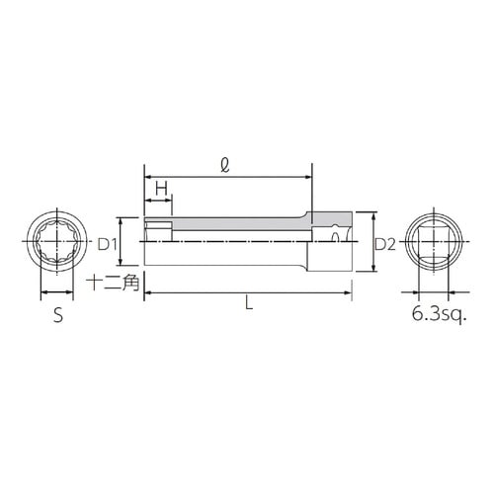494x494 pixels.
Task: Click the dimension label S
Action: pyautogui.click(x=58, y=315)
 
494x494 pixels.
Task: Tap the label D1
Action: pyautogui.click(x=108, y=244)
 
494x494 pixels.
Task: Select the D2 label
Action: pyautogui.click(x=385, y=244)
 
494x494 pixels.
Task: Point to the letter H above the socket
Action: pyautogui.click(x=161, y=189)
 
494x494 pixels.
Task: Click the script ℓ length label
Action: pyautogui.click(x=225, y=165)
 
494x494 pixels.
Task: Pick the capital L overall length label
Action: pyautogui.click(x=249, y=302)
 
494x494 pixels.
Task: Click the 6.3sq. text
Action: pyautogui.click(x=440, y=314)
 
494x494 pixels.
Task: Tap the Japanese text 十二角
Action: pyautogui.click(x=113, y=283)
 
